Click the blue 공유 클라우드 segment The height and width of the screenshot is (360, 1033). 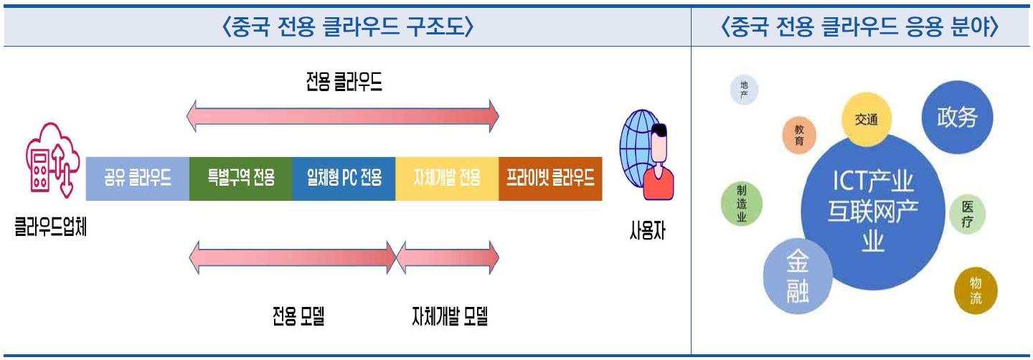pyautogui.click(x=137, y=179)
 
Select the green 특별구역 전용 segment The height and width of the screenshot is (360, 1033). pyautogui.click(x=241, y=179)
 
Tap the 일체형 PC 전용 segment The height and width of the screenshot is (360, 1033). pyautogui.click(x=344, y=179)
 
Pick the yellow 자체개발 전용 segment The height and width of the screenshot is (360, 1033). pyautogui.click(x=447, y=179)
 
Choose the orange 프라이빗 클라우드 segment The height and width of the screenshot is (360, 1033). pyautogui.click(x=550, y=179)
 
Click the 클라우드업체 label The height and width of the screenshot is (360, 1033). pyautogui.click(x=51, y=230)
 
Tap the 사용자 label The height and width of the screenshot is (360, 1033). pyautogui.click(x=646, y=233)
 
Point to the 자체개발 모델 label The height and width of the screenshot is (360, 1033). pyautogui.click(x=450, y=316)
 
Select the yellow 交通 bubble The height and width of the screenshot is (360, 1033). pyautogui.click(x=866, y=120)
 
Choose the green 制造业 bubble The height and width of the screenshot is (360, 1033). pyautogui.click(x=742, y=204)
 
